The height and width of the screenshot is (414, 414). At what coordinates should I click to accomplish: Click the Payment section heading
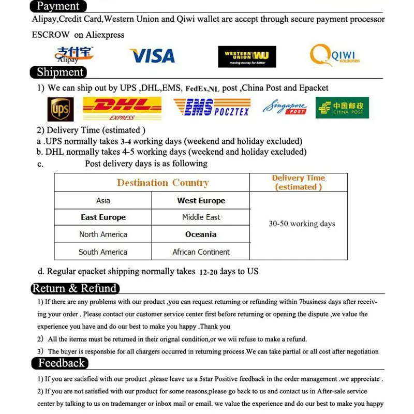click(58, 6)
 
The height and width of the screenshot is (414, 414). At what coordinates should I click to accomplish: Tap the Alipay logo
click(74, 54)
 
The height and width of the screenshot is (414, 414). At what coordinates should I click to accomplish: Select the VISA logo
click(152, 55)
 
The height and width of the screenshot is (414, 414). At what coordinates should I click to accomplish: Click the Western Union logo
click(247, 56)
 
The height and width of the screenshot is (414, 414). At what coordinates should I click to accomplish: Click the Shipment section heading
click(60, 72)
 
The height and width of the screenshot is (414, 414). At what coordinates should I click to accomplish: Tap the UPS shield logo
click(61, 109)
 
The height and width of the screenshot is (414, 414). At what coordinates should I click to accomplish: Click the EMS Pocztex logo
click(211, 108)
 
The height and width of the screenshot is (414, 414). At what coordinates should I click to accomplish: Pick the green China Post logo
click(342, 108)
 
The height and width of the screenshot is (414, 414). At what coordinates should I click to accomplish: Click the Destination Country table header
click(162, 183)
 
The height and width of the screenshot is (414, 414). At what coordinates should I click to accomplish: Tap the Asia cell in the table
click(103, 200)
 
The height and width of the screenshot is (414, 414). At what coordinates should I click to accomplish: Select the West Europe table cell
click(201, 200)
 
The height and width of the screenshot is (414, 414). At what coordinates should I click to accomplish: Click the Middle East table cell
click(201, 217)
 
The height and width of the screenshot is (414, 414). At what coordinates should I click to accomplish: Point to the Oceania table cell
click(201, 234)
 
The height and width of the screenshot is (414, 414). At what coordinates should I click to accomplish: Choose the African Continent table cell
click(201, 252)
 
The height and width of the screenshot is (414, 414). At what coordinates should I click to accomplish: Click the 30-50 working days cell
click(301, 224)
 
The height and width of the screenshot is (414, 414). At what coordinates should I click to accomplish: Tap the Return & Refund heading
click(75, 288)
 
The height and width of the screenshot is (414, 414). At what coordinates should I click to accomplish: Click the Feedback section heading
click(61, 363)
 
